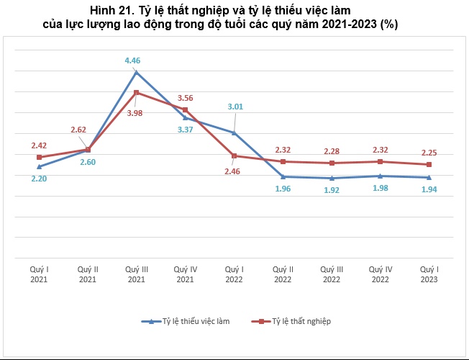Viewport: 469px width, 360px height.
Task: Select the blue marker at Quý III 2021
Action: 136,72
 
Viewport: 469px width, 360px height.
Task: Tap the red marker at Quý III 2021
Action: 136,92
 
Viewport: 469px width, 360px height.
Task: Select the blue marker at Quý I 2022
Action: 233,132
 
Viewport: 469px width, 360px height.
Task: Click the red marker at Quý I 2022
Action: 233,156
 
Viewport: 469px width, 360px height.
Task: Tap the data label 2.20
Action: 39,178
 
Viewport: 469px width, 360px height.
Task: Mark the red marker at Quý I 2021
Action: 39,157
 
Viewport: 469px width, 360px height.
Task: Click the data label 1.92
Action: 332,190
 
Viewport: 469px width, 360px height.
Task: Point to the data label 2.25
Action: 429,153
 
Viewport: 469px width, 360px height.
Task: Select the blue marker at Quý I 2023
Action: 429,177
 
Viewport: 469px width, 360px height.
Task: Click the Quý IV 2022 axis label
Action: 380,274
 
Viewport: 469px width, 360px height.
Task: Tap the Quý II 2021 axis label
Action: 87,274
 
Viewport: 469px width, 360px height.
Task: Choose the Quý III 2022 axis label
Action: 331,274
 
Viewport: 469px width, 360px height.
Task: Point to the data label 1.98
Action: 381,189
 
